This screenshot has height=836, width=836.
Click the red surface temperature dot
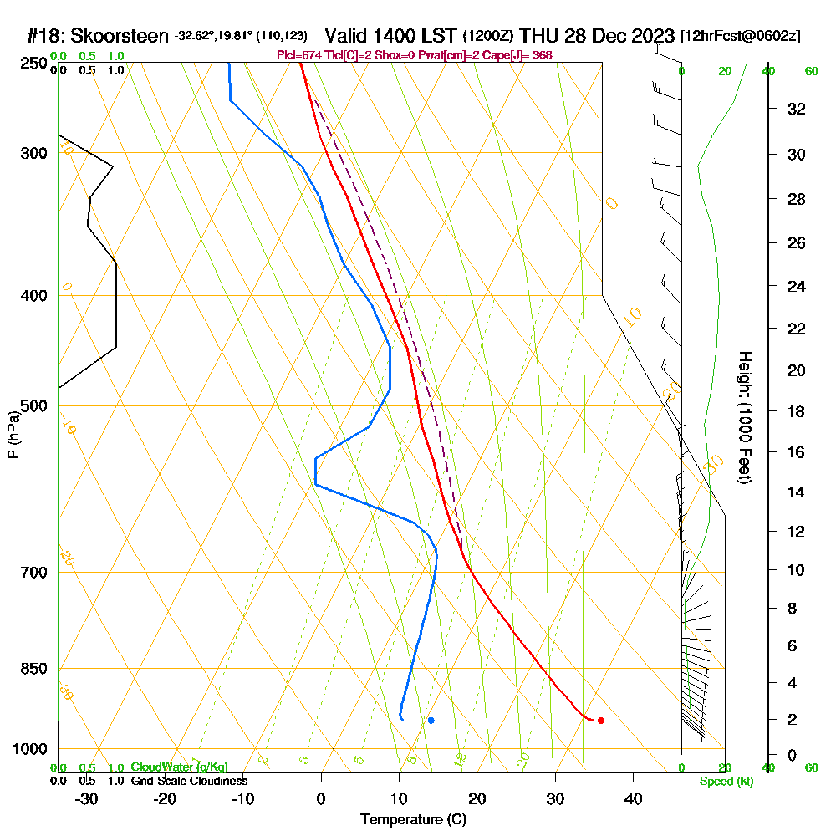click(x=601, y=720)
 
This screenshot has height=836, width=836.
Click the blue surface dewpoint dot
click(x=431, y=720)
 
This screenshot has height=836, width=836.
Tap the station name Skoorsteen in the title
click(x=120, y=36)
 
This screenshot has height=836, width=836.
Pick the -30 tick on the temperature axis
click(x=86, y=798)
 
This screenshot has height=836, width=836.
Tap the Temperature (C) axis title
click(x=413, y=819)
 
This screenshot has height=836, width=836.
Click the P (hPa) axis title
click(x=13, y=434)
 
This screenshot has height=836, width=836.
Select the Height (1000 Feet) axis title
click(x=743, y=417)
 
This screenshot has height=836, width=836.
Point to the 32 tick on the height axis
click(x=797, y=109)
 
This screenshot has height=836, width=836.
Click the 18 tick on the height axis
click(x=797, y=411)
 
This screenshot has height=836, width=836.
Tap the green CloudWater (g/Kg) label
click(x=179, y=767)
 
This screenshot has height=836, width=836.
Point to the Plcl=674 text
click(x=298, y=55)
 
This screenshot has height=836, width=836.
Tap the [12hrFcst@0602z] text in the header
click(x=741, y=36)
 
